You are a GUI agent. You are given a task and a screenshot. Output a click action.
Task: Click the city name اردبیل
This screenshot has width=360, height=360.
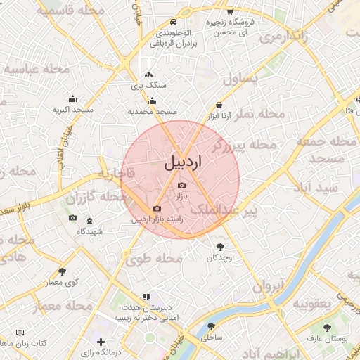[x=182, y=162]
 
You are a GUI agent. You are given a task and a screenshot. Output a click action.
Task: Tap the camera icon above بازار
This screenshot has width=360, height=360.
[x=181, y=185]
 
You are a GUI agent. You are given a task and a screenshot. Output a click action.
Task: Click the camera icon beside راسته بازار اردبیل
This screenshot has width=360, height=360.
[x=156, y=209]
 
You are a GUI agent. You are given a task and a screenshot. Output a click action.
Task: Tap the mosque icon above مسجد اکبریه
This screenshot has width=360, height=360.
[x=73, y=99]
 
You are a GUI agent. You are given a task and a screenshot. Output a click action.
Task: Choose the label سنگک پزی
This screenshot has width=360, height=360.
[x=150, y=85]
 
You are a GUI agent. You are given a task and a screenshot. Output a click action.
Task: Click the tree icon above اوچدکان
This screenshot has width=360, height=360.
[x=221, y=247]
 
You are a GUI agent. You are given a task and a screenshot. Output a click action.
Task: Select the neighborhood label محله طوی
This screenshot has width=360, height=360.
[x=154, y=259]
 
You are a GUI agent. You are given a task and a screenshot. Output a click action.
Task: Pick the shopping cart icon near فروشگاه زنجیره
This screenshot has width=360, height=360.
[x=230, y=11]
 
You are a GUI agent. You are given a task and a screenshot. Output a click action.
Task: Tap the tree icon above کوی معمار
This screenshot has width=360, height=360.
[x=62, y=271]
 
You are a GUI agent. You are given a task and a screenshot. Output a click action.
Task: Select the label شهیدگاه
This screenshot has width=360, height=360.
[x=87, y=231]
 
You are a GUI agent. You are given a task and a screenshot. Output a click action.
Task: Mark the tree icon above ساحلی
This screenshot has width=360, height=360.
[x=211, y=326]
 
